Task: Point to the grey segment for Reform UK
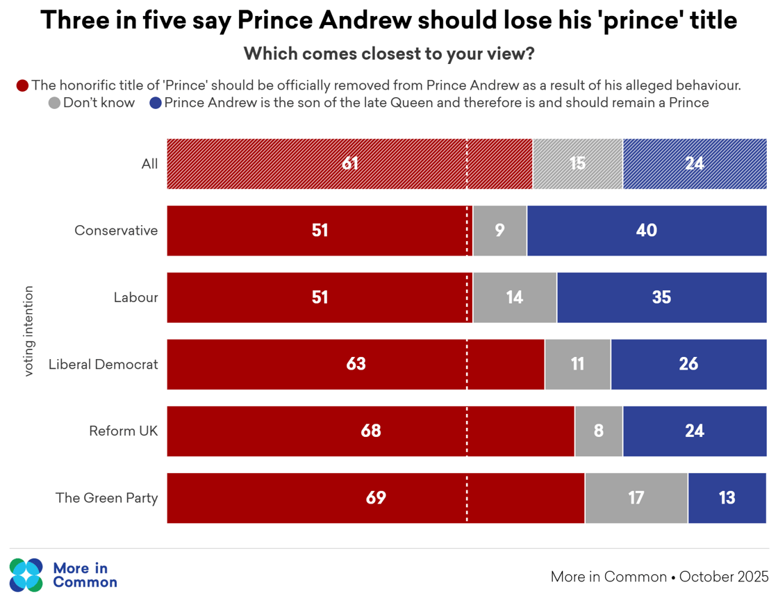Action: click(x=599, y=431)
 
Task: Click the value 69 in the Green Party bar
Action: click(x=376, y=498)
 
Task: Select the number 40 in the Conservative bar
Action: click(x=647, y=231)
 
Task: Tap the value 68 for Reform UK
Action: click(x=371, y=431)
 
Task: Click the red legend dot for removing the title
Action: click(x=22, y=85)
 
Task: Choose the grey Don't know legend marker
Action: click(x=54, y=103)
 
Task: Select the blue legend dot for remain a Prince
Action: click(x=156, y=103)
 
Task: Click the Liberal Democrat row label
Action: click(x=104, y=364)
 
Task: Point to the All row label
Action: click(x=149, y=164)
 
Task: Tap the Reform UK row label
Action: click(x=124, y=431)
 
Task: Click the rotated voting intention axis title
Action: click(x=28, y=331)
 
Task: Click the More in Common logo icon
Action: click(x=26, y=575)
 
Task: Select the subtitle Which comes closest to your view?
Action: click(x=389, y=53)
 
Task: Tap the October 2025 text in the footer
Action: click(x=724, y=577)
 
